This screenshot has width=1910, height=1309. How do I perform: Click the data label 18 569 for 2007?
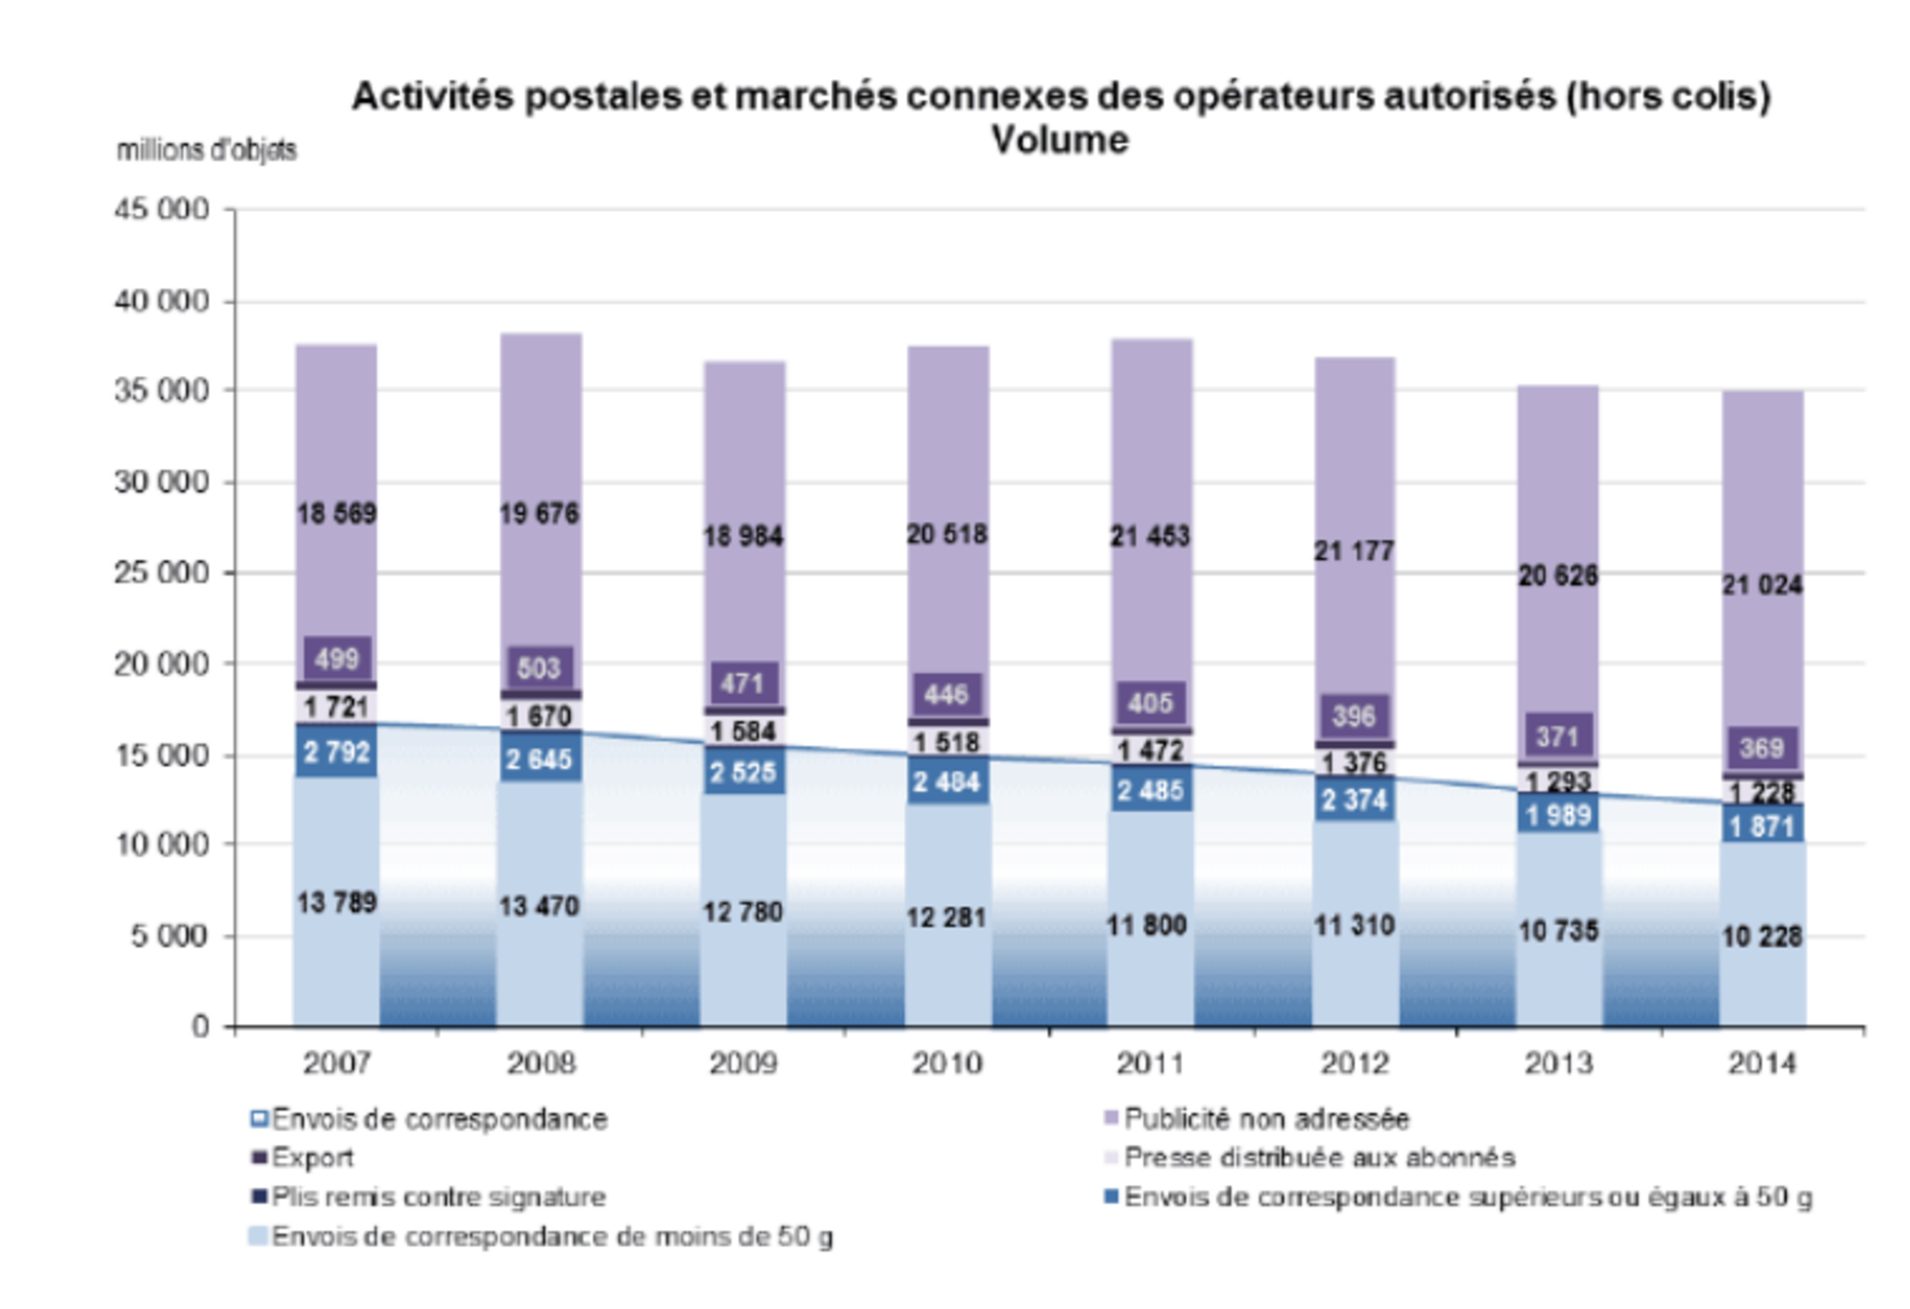pos(337,514)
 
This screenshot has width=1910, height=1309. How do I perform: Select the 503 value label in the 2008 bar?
pos(538,668)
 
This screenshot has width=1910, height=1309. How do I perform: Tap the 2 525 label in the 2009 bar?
pos(742,772)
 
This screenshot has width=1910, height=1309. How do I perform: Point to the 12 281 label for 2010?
pos(946,918)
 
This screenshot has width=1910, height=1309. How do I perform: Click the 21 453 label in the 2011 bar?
pos(1149,536)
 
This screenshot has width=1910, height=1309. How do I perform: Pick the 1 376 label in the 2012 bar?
pos(1353,762)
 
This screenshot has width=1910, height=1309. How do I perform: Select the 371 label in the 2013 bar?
pos(1558,737)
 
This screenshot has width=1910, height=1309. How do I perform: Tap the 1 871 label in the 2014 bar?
pos(1762,826)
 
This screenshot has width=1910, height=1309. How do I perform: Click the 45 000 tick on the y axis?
pos(161,209)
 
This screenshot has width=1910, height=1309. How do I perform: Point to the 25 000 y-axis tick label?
pos(161,573)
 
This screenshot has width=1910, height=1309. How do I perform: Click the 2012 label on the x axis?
pos(1354,1063)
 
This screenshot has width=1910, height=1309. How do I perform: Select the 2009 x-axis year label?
pos(743,1063)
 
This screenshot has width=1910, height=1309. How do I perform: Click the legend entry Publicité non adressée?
pos(1266,1119)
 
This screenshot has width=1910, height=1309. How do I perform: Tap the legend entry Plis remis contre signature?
pos(438,1197)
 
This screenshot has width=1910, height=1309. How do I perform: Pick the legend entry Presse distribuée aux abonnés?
pos(1319,1157)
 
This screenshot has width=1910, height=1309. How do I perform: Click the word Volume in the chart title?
pos(1060,140)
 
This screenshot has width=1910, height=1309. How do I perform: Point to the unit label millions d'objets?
pos(207,150)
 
